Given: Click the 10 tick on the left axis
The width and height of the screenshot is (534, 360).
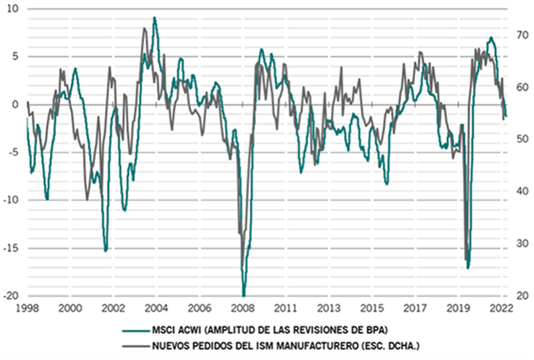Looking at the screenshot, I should pos(13,8).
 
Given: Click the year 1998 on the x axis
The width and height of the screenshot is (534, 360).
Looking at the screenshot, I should pos(28,308).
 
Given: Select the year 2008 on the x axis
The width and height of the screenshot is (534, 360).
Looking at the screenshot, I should pos(243,308).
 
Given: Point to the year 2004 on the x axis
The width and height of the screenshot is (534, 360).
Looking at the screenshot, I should pos(157,308).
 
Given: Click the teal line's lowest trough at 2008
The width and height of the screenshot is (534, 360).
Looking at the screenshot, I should pos(243,295).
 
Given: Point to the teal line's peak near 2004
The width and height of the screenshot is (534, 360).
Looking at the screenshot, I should pos(154,18).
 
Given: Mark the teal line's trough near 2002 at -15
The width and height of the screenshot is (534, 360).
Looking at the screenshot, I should pos(106,251).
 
